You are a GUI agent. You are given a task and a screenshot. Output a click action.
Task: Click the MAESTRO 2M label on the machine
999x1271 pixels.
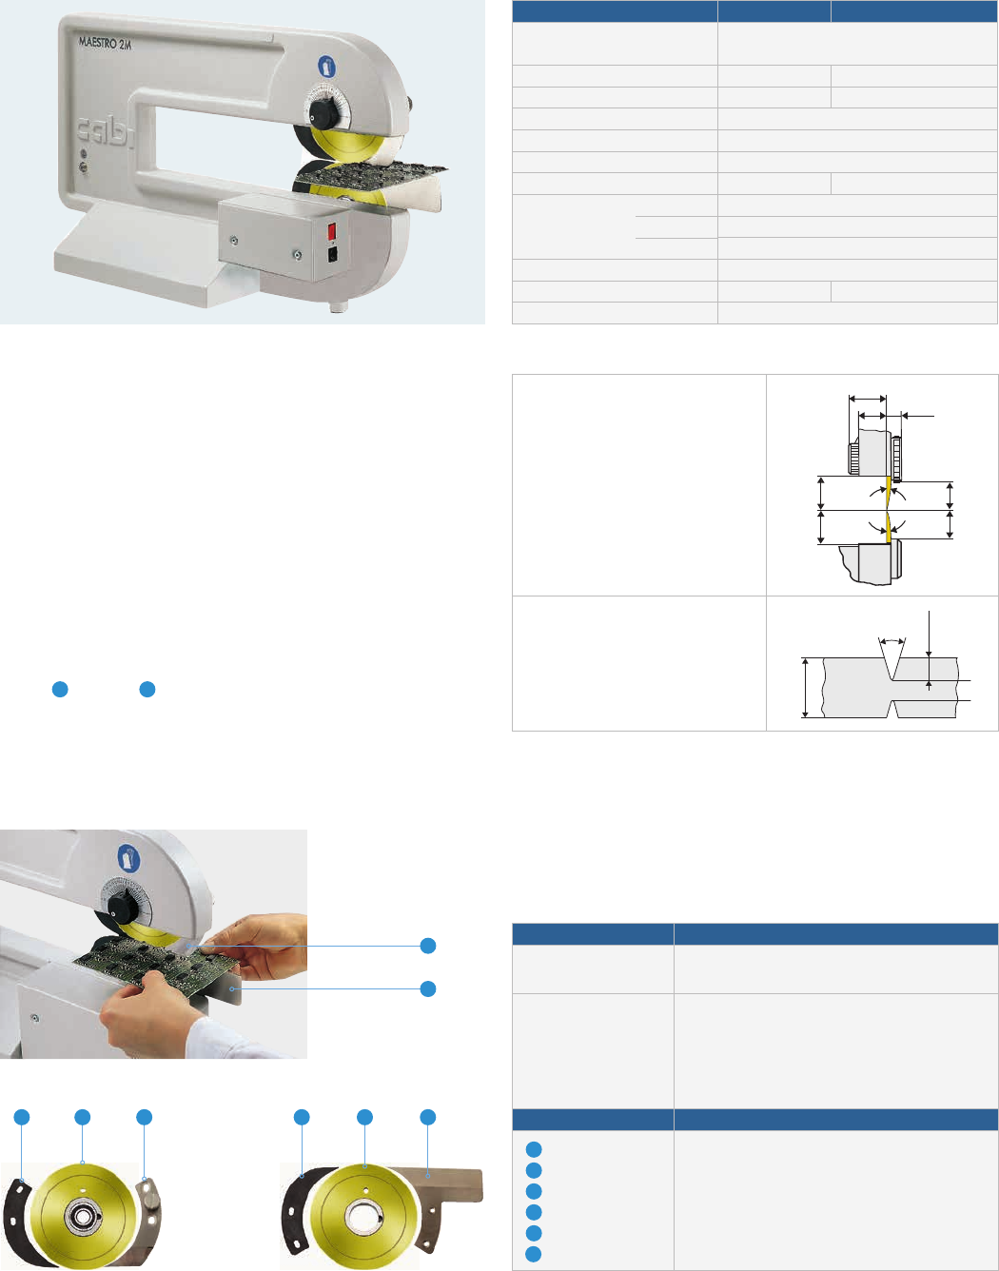pyautogui.click(x=106, y=43)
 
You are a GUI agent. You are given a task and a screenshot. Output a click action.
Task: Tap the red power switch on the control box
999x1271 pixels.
pyautogui.click(x=331, y=231)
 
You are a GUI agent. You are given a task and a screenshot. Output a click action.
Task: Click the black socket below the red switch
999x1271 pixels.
pyautogui.click(x=332, y=254)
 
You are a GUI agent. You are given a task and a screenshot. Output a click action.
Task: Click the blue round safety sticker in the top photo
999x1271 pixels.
pyautogui.click(x=326, y=66)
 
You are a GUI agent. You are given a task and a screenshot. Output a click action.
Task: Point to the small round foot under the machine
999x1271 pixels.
pyautogui.click(x=339, y=306)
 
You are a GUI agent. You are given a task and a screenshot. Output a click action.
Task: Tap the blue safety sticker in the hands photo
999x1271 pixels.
pyautogui.click(x=128, y=858)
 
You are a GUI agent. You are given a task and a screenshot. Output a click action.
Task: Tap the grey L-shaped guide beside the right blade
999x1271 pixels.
pyautogui.click(x=444, y=1199)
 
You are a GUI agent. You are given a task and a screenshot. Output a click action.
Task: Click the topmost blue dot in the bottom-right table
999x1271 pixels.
pyautogui.click(x=534, y=1149)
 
